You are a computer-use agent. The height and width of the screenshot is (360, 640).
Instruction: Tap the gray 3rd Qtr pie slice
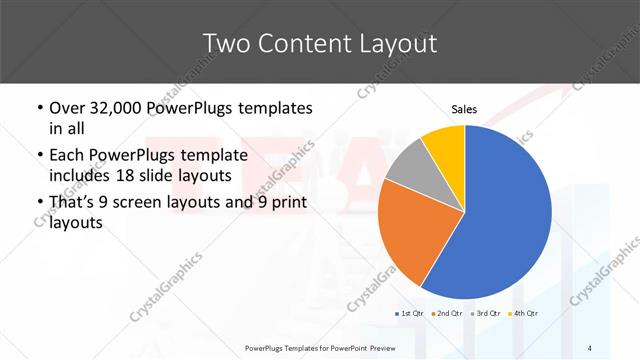[x=409, y=166]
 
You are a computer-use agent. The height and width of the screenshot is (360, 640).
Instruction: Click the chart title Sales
[x=464, y=108]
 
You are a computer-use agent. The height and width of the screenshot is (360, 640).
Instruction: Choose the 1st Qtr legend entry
[x=410, y=313]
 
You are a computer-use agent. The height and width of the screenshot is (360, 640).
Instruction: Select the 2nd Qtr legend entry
[x=447, y=313]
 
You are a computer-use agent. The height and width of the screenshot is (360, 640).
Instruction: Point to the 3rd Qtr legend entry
[x=485, y=313]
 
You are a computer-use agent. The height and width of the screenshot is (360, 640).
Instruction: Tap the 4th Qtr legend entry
[x=523, y=313]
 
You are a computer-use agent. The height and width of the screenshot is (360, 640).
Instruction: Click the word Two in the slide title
[x=224, y=43]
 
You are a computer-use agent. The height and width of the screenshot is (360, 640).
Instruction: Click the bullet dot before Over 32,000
[x=39, y=109]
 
